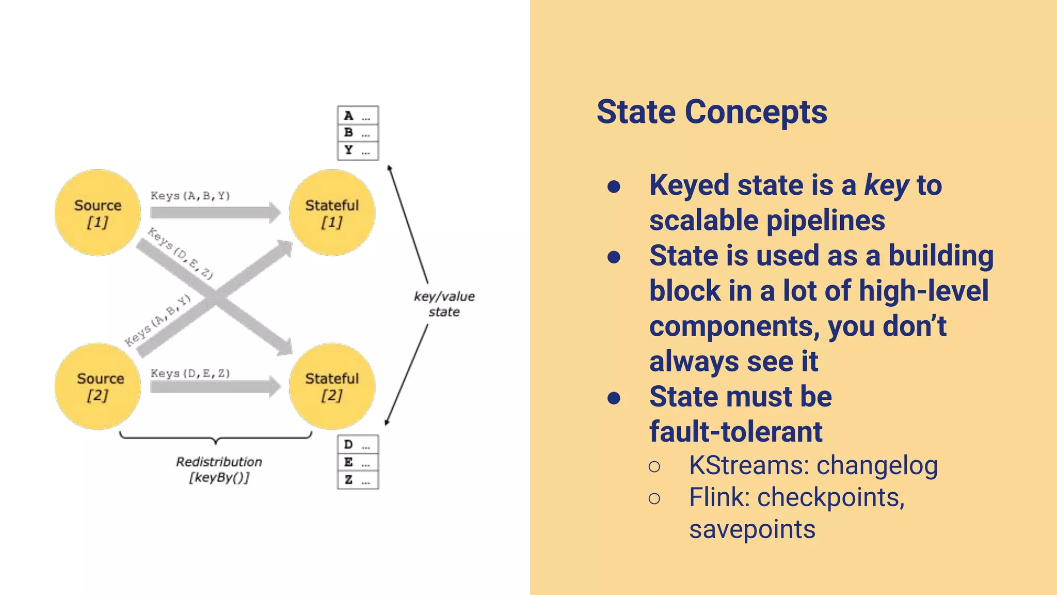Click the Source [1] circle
pos(98,213)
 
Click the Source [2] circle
pos(98,386)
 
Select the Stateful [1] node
pos(332,213)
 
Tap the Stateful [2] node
pos(332,386)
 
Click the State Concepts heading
pos(712,112)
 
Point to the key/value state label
pos(444,304)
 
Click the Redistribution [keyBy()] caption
pos(219,469)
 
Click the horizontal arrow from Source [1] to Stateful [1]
pos(214,212)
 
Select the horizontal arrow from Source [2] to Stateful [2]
pos(214,386)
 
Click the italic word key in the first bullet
pos(887,186)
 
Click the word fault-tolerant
pos(735,432)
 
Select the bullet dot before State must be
pos(614,398)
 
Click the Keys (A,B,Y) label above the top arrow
pos(190,196)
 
